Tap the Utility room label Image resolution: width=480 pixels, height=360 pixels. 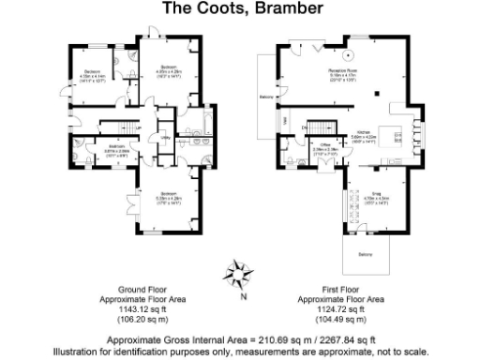point(165,137)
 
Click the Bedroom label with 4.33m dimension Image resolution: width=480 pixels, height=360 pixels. point(91,76)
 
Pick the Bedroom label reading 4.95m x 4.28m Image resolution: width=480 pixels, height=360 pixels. point(168,69)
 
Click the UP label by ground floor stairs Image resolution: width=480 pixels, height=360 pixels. point(138,127)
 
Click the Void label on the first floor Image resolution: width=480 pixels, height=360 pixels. point(285,122)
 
